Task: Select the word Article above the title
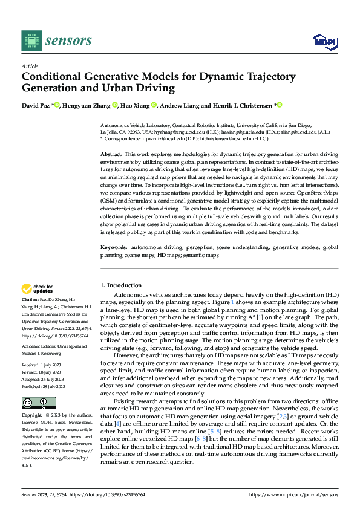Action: tap(30, 66)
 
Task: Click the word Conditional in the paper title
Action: tap(53, 77)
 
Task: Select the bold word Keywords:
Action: tap(114, 248)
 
